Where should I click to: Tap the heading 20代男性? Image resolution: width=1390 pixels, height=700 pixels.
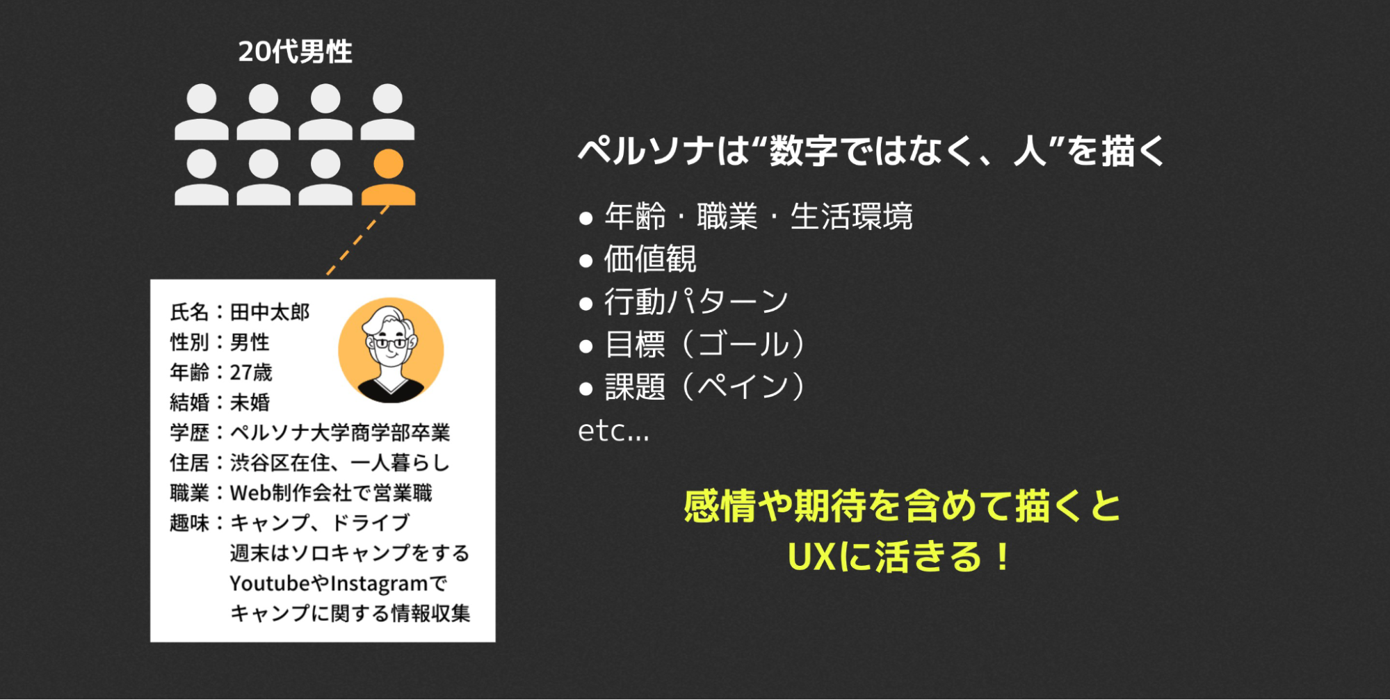(295, 51)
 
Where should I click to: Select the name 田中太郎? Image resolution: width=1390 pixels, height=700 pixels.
(270, 312)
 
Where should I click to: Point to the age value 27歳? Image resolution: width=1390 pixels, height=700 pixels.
(251, 373)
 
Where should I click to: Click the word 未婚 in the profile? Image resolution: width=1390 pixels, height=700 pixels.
(250, 402)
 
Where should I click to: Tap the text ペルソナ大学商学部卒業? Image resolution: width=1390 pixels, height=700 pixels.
(340, 432)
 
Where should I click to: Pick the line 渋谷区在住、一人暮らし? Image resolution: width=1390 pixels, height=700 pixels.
(340, 463)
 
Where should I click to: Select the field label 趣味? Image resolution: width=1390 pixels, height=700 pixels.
(189, 523)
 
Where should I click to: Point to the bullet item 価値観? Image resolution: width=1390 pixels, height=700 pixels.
(650, 259)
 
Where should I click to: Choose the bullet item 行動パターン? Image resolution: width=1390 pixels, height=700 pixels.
(696, 302)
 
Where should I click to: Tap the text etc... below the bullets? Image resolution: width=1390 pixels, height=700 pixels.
(613, 431)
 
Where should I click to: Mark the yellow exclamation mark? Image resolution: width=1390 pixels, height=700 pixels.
(1002, 557)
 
